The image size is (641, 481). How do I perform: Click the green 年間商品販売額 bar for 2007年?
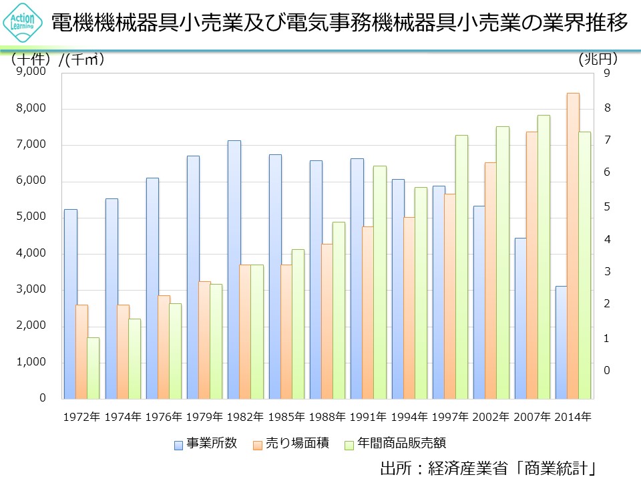pos(544,257)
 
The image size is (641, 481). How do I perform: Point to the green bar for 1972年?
pos(93,367)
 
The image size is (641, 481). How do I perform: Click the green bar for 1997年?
pos(462,267)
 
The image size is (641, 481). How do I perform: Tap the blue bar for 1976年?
pos(152,288)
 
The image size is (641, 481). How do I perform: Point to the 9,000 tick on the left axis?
pos(29,72)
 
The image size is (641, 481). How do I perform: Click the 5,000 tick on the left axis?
pos(29,217)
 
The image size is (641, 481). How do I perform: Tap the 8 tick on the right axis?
pos(607,108)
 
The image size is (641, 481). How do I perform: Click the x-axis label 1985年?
pos(286,417)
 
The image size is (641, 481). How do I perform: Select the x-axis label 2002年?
pos(491,417)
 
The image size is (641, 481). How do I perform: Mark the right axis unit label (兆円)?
pos(598,59)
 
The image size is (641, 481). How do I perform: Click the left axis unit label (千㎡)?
pos(83,59)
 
